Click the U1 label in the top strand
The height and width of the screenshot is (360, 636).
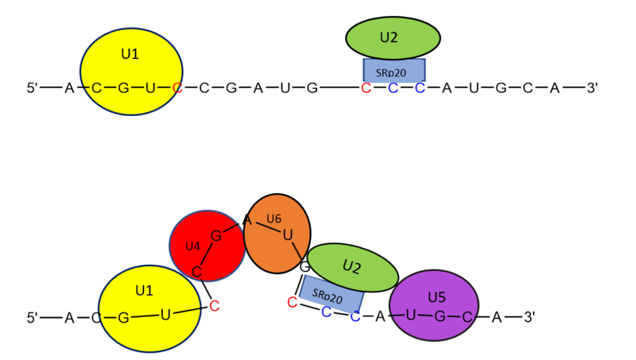pyautogui.click(x=130, y=54)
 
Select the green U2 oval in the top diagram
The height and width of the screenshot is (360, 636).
pyautogui.click(x=393, y=37)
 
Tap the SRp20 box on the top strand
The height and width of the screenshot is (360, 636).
pyautogui.click(x=394, y=72)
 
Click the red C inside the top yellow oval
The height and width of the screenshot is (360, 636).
pyautogui.click(x=177, y=87)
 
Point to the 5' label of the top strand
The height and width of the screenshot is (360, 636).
pyautogui.click(x=33, y=87)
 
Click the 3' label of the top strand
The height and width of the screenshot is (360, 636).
pyautogui.click(x=592, y=87)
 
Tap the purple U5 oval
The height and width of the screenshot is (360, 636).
pyautogui.click(x=434, y=305)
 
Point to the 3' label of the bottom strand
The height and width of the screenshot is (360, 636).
pyautogui.click(x=529, y=317)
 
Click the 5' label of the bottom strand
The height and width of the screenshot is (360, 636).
pyautogui.click(x=33, y=318)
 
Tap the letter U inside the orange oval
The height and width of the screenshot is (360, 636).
pyautogui.click(x=287, y=234)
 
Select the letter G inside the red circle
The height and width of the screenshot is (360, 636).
pyautogui.click(x=215, y=235)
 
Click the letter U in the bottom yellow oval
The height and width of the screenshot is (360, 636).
pyautogui.click(x=165, y=315)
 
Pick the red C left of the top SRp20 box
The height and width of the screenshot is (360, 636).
pyautogui.click(x=366, y=87)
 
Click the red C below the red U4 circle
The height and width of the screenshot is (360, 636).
pyautogui.click(x=215, y=305)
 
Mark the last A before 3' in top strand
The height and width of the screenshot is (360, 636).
pyautogui.click(x=555, y=87)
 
